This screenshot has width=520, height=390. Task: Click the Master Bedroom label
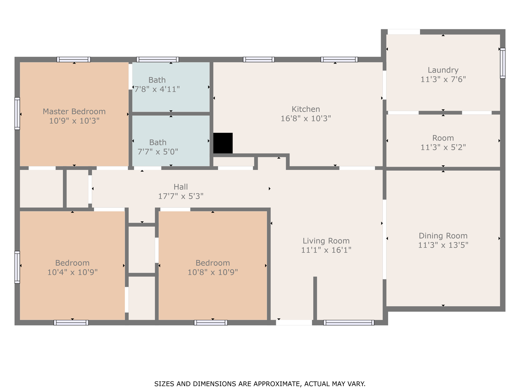(74, 111)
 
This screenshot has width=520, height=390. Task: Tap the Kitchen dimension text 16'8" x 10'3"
(305, 118)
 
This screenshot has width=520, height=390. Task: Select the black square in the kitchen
(223, 143)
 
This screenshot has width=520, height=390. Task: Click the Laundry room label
(443, 70)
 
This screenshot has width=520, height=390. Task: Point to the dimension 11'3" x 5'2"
(443, 147)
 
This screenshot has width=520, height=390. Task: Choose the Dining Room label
(443, 235)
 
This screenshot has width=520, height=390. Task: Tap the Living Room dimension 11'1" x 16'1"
(326, 250)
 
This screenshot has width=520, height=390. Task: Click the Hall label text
(181, 187)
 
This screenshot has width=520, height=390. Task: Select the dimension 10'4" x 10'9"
(72, 272)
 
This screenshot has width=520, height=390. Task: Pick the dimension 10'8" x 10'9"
(212, 272)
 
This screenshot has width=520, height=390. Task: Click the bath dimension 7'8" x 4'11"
(157, 89)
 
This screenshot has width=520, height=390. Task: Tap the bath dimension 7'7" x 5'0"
(157, 152)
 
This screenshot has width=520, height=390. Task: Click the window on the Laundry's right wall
(503, 63)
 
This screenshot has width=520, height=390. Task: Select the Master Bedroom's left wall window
(17, 113)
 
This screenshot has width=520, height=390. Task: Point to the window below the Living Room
(349, 322)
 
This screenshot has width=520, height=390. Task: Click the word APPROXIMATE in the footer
(277, 383)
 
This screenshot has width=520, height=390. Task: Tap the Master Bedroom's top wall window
(74, 60)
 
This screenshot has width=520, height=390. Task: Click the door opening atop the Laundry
(404, 32)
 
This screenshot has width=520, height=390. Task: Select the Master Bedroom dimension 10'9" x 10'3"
(74, 121)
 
